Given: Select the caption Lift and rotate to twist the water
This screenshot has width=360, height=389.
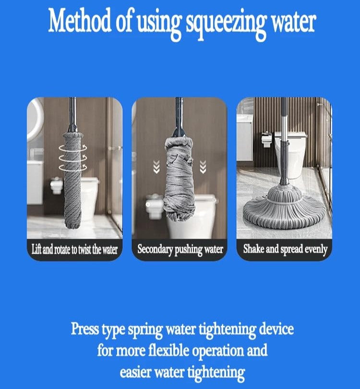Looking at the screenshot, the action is [x=74, y=250].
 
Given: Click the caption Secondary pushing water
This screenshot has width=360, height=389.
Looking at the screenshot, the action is [x=180, y=250].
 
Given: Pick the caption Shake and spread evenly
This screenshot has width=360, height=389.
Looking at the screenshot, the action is [x=285, y=249].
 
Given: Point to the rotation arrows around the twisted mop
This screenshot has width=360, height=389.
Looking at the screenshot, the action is [x=73, y=158].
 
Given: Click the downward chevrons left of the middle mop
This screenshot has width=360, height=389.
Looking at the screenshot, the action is [x=156, y=167].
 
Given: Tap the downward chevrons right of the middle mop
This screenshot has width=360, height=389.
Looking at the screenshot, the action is [x=203, y=167].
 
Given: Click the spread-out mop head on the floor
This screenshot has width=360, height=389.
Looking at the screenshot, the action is [x=284, y=207].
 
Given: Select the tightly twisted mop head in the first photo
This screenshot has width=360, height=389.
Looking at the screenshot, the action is [x=73, y=180].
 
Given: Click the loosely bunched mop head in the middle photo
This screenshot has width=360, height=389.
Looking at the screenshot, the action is [x=180, y=179].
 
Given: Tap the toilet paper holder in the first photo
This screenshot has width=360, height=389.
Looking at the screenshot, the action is [x=57, y=185].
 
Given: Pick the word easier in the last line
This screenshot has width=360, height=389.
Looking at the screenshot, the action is [x=135, y=372].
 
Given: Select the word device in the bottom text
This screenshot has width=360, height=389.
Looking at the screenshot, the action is [x=276, y=329].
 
